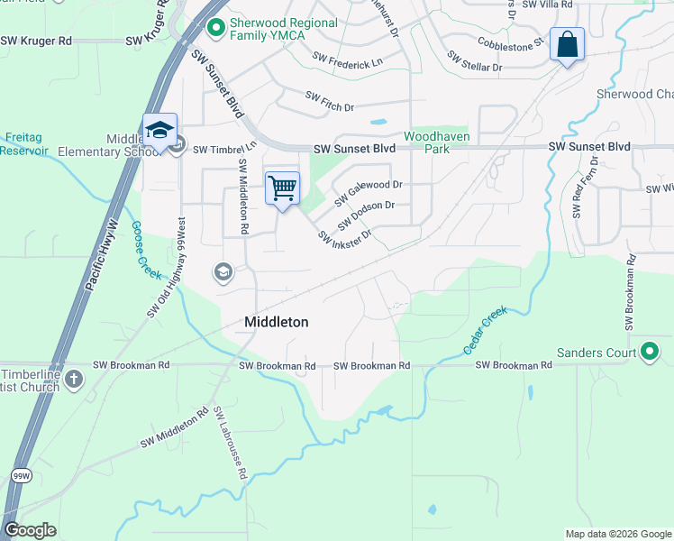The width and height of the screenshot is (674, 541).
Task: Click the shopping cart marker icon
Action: tap(282, 188)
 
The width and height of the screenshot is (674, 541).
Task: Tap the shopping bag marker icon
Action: tap(567, 44)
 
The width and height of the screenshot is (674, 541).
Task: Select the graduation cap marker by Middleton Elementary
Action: tap(159, 131)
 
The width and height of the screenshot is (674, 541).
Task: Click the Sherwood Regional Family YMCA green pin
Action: tap(214, 29)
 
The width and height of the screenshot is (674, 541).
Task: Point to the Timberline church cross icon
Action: tap(73, 379)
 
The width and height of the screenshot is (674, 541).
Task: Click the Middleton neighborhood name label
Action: tap(277, 322)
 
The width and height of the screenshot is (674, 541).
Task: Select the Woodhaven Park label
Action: tap(436, 142)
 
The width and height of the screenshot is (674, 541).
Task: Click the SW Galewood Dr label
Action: tap(368, 190)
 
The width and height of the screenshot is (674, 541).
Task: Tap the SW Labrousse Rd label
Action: tap(230, 443)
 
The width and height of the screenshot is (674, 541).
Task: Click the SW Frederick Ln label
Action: tap(347, 60)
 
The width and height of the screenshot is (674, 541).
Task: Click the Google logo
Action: tap(30, 530)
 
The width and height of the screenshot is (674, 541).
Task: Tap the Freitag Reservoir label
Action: tap(23, 144)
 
